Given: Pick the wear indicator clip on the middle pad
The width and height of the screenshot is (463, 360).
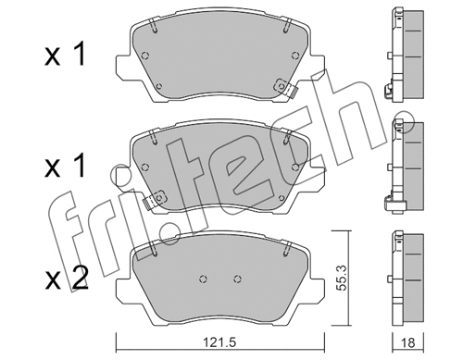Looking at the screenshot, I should coord(156,197).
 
